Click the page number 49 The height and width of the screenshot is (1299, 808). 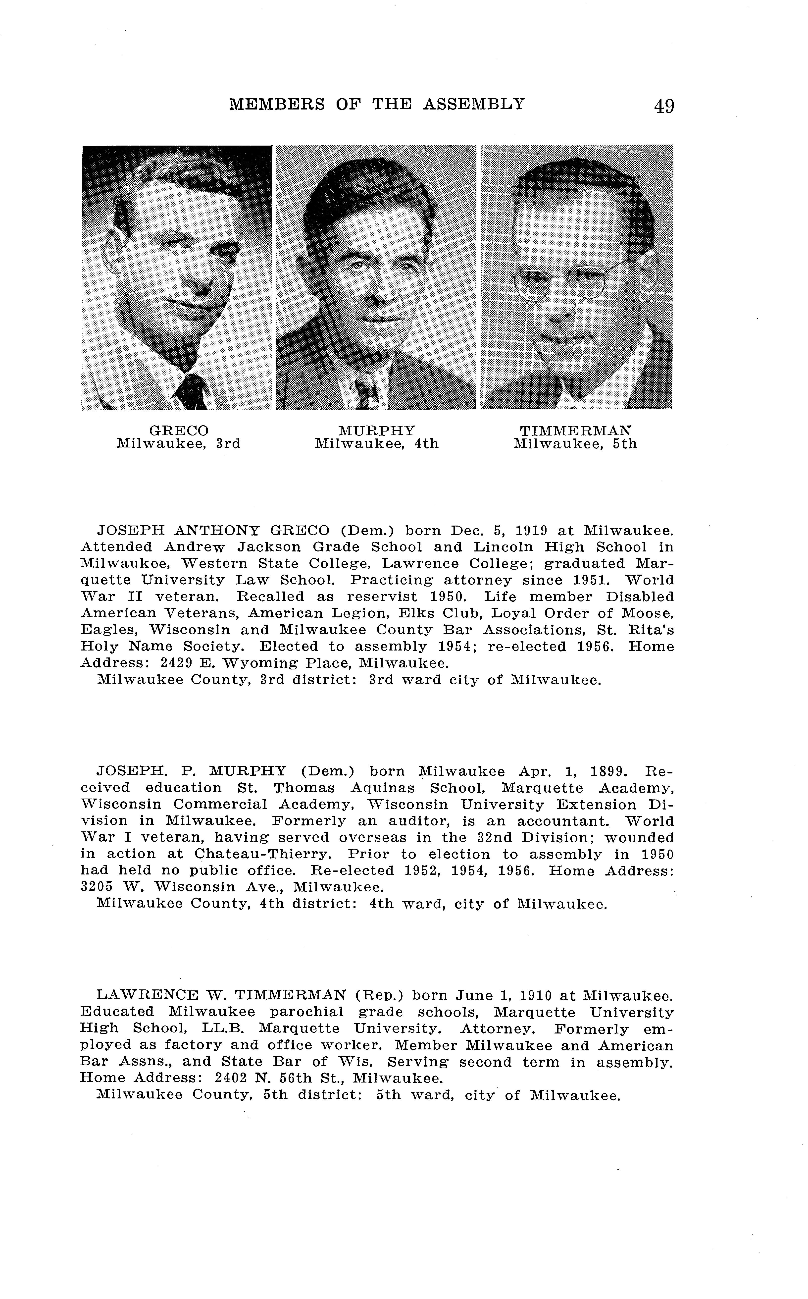tap(663, 106)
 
